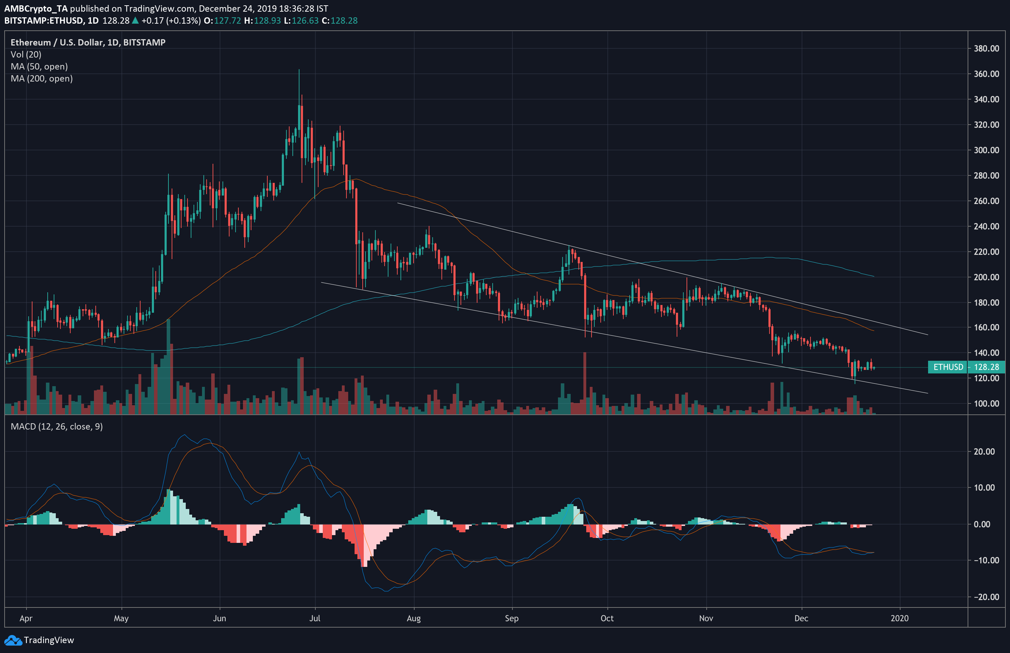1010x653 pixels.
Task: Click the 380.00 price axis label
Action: click(x=986, y=49)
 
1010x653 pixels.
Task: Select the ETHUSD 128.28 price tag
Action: click(x=966, y=367)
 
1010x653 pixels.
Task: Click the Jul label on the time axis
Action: click(x=315, y=618)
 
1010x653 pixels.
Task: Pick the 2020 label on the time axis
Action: click(x=899, y=618)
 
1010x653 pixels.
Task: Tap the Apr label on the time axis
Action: click(x=26, y=618)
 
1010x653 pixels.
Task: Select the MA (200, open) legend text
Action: click(x=42, y=78)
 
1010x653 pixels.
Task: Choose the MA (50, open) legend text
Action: click(x=39, y=67)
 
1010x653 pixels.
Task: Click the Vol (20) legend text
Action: click(x=26, y=54)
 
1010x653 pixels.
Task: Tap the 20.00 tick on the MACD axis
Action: click(x=984, y=451)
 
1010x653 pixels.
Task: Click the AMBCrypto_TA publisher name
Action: click(x=36, y=8)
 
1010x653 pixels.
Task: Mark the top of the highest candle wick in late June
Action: click(x=299, y=70)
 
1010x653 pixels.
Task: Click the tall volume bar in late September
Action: click(x=585, y=382)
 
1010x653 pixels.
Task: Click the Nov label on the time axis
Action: click(x=706, y=618)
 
